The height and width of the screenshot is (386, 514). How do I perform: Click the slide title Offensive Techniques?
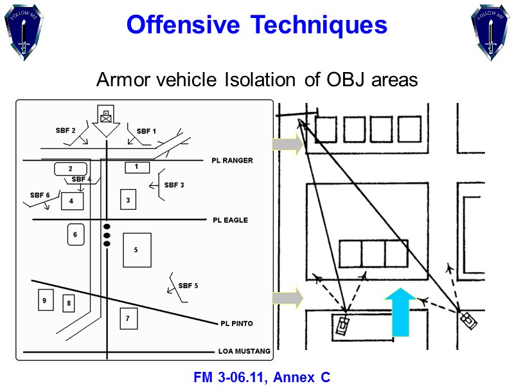[257, 25]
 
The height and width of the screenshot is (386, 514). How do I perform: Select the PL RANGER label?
[232, 161]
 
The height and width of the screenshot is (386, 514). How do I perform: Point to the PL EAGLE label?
[230, 220]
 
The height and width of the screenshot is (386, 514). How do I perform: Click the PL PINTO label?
[236, 324]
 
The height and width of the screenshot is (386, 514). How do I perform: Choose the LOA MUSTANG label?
[244, 352]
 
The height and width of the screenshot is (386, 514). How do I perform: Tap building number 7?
[128, 318]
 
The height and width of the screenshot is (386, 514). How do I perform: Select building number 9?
[45, 300]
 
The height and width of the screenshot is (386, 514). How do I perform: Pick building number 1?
[136, 167]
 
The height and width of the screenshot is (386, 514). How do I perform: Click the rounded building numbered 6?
[75, 235]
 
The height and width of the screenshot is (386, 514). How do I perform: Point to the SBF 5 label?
[188, 286]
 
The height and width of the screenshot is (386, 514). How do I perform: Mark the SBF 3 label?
[174, 185]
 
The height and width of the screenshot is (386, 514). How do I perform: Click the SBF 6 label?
[40, 195]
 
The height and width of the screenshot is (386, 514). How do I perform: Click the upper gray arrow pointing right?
[287, 144]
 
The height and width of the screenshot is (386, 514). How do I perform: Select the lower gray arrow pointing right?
[287, 299]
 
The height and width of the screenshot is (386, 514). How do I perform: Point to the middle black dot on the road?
[107, 235]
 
